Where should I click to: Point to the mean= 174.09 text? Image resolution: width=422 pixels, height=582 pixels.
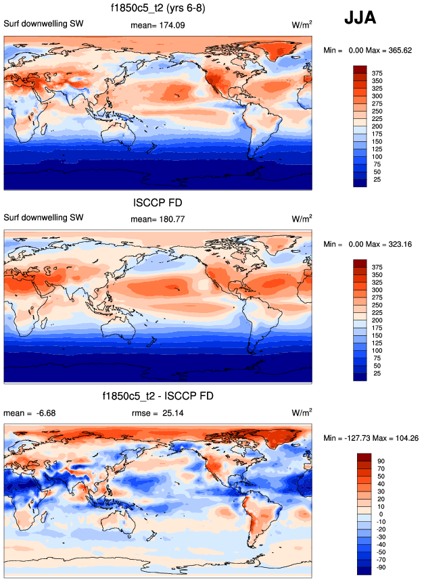click(x=157, y=26)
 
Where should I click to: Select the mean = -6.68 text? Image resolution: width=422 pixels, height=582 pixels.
click(x=24, y=412)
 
